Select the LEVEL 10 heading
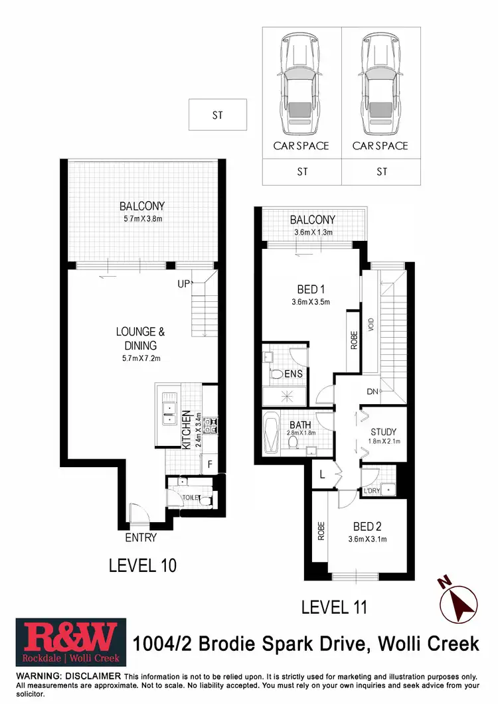point(143,566)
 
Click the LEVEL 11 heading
point(334,606)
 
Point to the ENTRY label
point(141,537)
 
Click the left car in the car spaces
point(301,83)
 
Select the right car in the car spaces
point(381,83)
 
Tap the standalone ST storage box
point(218,115)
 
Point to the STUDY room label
point(383,432)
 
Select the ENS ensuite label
point(294,374)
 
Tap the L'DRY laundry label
point(371,491)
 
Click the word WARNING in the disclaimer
point(41,675)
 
